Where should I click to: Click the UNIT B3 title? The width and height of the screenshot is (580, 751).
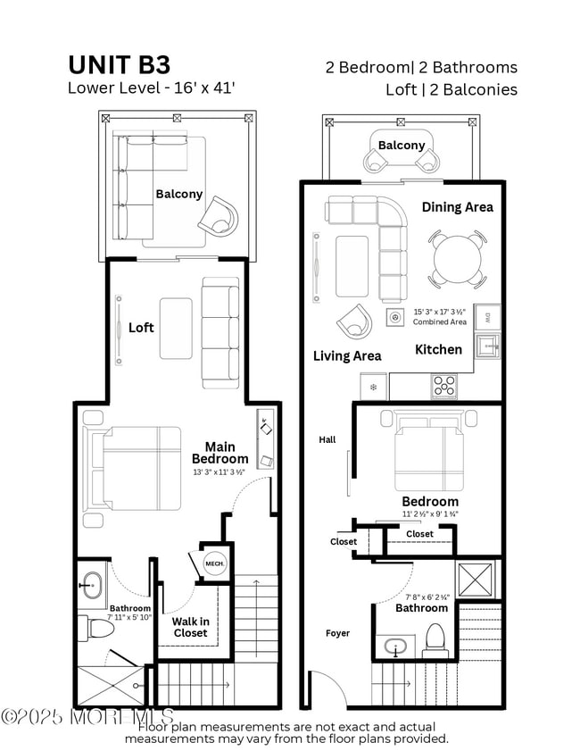point(120,64)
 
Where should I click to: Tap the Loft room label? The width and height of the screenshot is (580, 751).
point(141,328)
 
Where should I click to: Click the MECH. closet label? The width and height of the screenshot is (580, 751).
point(214,564)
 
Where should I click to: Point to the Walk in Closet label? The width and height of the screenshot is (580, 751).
point(190,627)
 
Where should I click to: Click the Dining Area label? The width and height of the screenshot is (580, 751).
point(457,207)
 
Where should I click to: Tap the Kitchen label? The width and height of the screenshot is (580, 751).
point(438,349)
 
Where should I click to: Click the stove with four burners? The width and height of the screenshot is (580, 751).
point(444,385)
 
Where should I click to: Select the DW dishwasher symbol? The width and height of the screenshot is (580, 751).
point(487,317)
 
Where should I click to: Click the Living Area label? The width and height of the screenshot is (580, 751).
point(346,356)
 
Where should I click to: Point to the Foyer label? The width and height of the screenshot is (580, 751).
point(337,633)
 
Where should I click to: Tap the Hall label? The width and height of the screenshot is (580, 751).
point(328,439)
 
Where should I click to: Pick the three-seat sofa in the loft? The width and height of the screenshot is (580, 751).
point(220,331)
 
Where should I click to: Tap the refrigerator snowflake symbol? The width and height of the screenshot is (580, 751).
point(373,388)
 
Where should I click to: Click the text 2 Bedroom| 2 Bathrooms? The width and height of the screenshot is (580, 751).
point(421,68)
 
